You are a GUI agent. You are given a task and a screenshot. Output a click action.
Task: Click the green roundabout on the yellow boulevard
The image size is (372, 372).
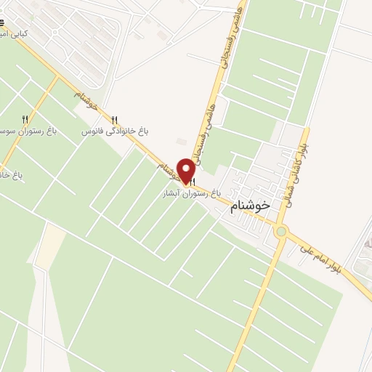(281, 232)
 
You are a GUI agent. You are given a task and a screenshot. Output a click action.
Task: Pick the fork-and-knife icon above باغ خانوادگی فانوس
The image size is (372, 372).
(114, 120)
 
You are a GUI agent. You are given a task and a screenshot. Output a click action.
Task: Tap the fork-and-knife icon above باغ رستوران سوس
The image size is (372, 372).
(25, 119)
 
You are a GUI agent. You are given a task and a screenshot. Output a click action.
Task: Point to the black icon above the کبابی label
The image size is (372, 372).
(2, 24)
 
